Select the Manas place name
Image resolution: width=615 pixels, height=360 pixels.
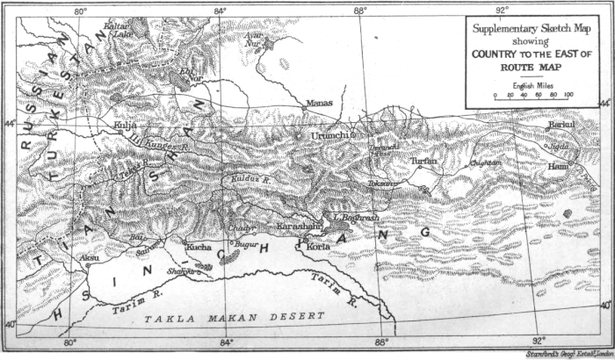(319, 104)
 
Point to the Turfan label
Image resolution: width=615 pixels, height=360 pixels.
(423, 162)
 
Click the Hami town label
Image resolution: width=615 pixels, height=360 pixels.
(560, 165)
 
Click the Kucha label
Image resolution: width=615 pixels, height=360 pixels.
(198, 248)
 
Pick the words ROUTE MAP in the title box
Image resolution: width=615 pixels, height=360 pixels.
(532, 66)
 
